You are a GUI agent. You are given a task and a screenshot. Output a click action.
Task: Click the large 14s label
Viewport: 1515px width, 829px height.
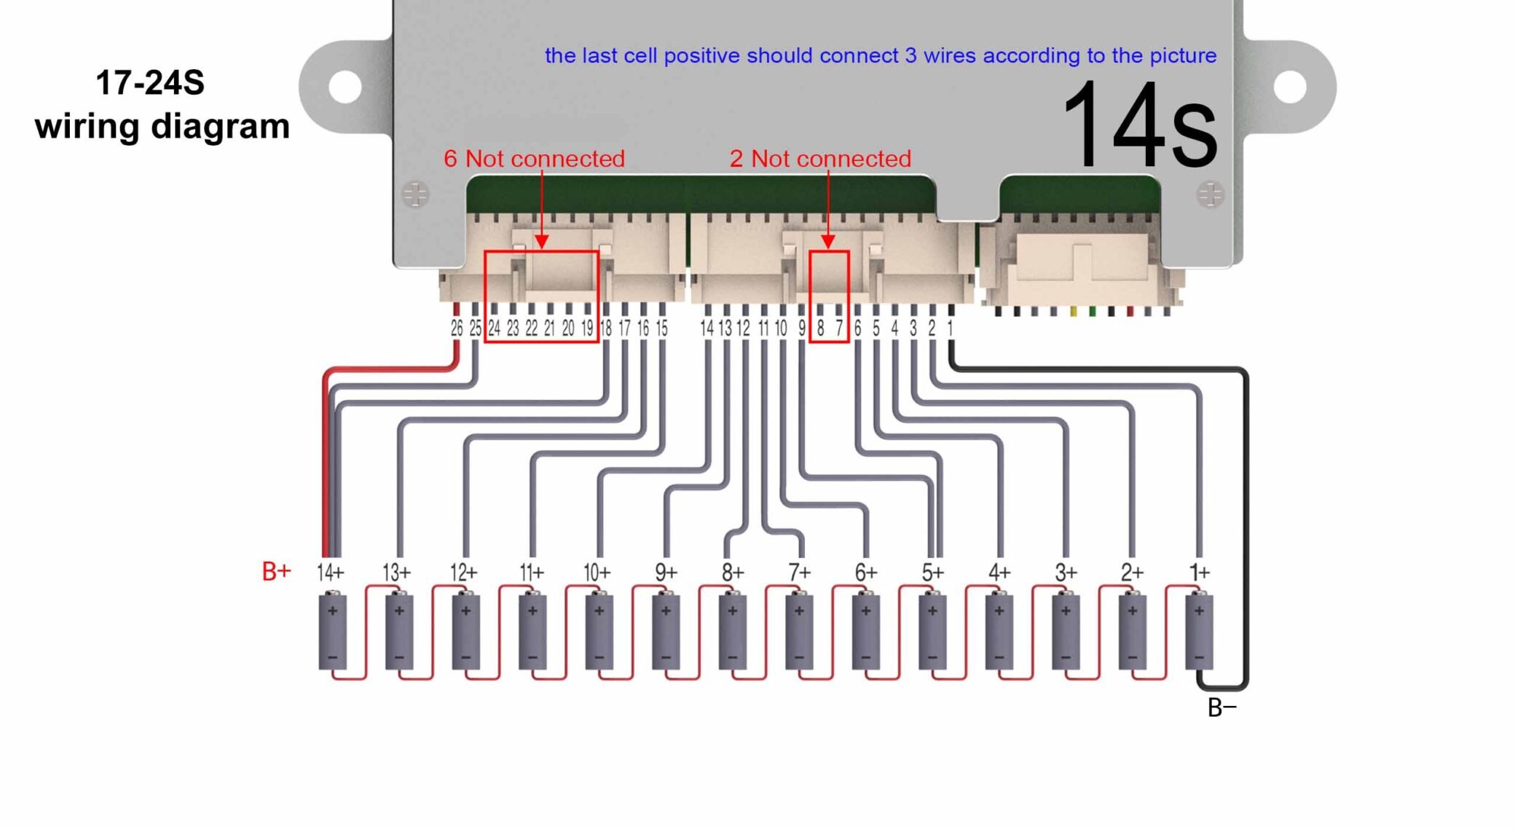1139,125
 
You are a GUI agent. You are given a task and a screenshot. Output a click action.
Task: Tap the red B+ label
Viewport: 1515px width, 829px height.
276,571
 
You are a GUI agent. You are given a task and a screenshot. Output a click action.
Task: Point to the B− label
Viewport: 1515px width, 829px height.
1221,707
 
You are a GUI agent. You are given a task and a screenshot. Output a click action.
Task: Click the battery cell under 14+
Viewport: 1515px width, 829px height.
332,631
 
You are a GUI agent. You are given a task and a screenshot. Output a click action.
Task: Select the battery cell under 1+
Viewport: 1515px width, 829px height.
1199,631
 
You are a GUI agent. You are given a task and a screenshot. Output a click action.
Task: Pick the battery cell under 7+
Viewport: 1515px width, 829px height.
799,631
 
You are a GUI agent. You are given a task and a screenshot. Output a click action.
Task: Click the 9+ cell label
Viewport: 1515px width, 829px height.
666,573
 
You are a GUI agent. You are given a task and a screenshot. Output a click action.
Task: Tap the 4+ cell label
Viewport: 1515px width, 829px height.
999,573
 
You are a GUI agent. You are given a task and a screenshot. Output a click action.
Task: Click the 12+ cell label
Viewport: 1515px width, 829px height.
463,573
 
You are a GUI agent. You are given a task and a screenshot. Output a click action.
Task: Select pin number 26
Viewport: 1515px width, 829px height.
457,329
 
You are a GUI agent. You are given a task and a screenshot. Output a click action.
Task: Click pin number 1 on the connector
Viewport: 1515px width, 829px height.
950,329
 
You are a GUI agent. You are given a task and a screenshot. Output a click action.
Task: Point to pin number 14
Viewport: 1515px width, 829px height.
707,329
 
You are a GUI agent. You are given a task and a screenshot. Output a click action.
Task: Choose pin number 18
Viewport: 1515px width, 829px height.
606,329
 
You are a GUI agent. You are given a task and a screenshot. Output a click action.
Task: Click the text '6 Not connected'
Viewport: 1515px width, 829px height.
534,158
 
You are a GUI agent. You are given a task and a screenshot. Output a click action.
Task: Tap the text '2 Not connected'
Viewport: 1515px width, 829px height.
820,158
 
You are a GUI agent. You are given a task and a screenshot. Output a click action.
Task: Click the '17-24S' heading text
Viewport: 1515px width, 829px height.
150,83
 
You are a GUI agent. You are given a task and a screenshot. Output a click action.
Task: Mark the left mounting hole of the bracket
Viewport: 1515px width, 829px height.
345,87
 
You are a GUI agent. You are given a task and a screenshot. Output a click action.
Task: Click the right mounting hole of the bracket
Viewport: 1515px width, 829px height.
1290,87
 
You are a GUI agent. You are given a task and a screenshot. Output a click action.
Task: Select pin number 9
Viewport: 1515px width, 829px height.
802,329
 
